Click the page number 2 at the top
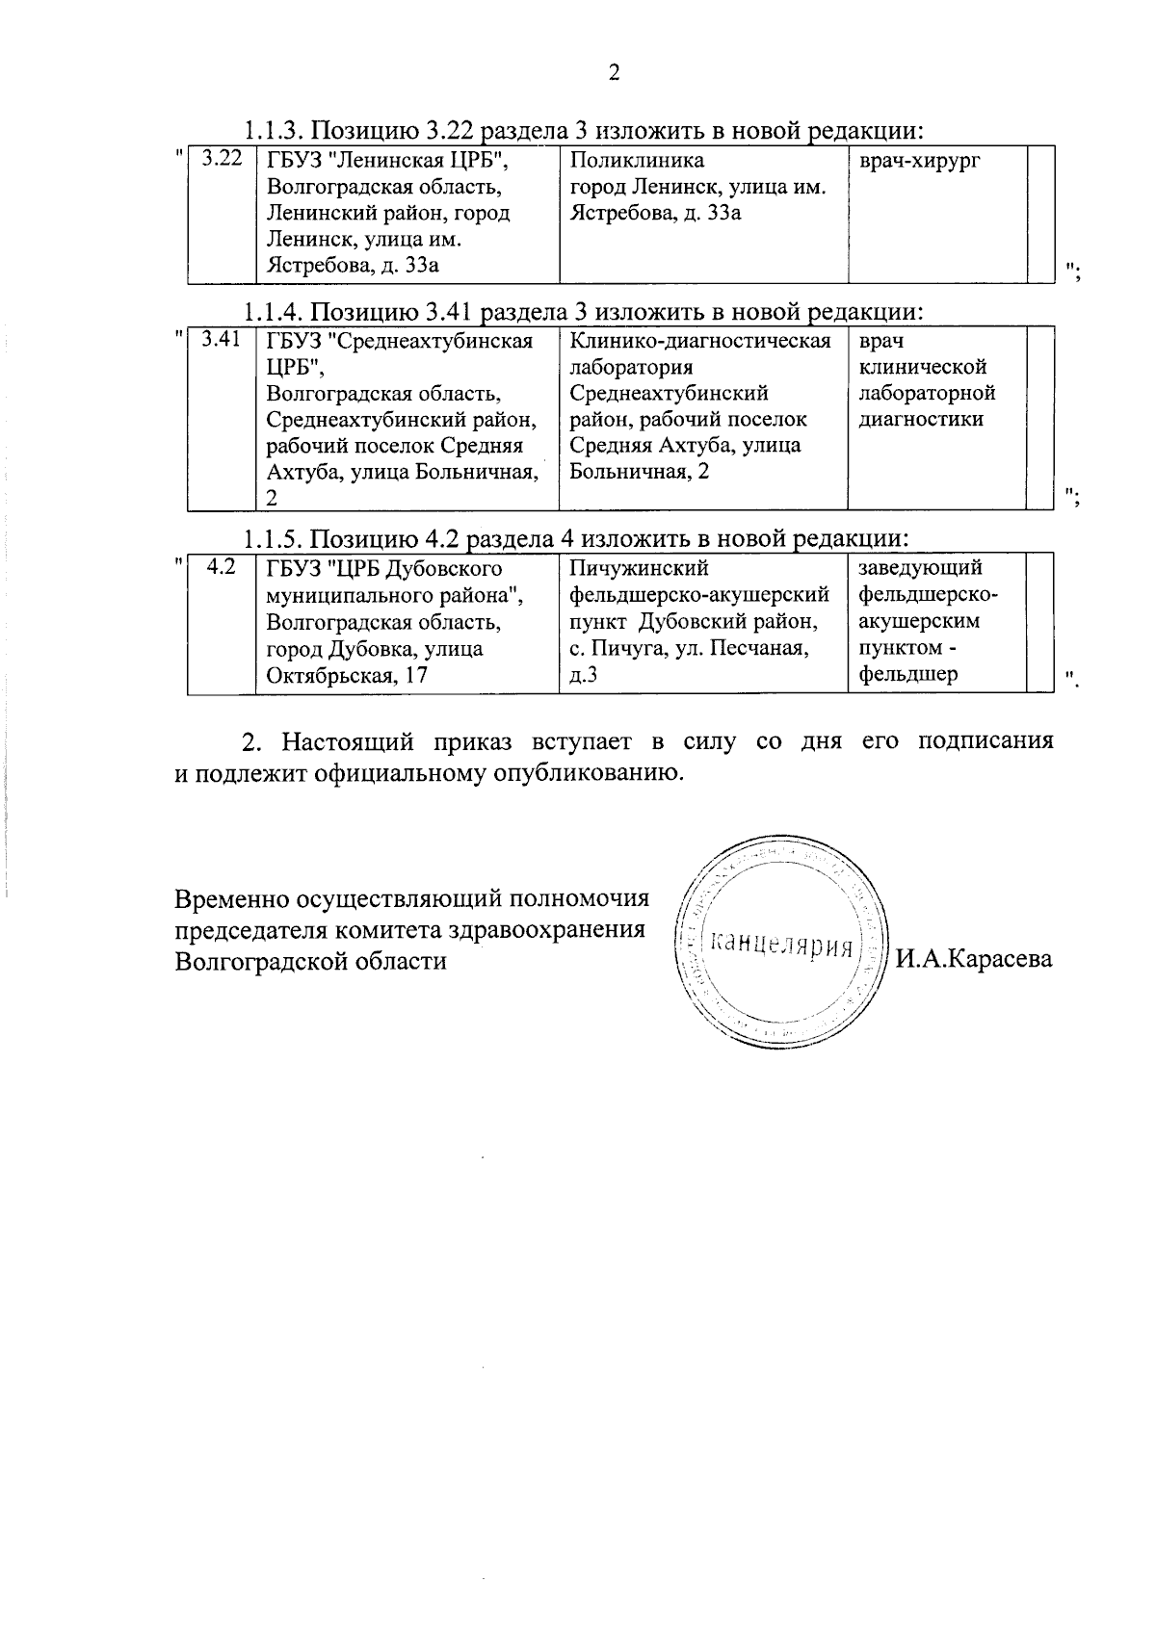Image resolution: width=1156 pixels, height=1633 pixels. [x=614, y=74]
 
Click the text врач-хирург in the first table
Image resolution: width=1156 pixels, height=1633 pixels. [x=919, y=161]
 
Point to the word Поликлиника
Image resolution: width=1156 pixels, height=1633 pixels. [x=637, y=161]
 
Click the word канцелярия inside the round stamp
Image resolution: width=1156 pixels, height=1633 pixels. [x=781, y=945]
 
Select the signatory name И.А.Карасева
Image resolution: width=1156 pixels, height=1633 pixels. [x=973, y=959]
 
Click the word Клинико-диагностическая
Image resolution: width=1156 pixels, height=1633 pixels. [x=700, y=341]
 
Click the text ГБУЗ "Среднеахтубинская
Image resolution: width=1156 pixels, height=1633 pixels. [x=400, y=341]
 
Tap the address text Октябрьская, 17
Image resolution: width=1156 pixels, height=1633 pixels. [x=347, y=675]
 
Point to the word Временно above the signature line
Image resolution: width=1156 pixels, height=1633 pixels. [x=229, y=899]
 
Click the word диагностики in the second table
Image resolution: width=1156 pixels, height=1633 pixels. [x=921, y=419]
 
